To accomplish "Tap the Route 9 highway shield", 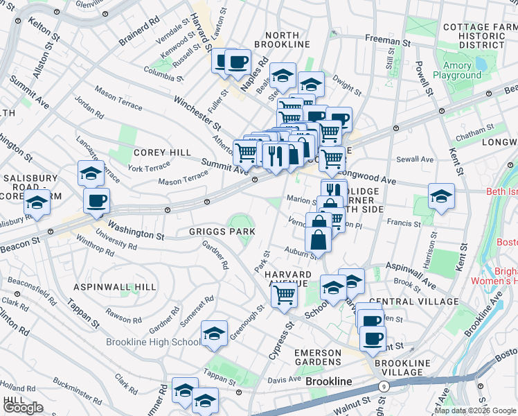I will pos(382,386).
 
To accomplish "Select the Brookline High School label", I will pos(152,343).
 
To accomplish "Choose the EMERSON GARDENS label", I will pos(318,358).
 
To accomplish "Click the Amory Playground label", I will pos(457,71).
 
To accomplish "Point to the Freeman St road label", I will pos(388,42).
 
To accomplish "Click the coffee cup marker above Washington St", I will pos(97,201).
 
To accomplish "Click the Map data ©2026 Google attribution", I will pos(476,410).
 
